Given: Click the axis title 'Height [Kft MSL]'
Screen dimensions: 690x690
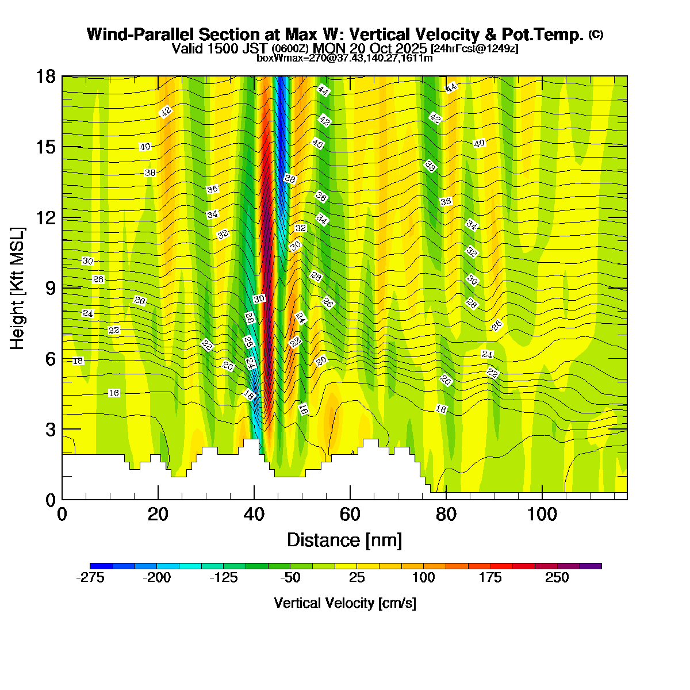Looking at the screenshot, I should [18, 288].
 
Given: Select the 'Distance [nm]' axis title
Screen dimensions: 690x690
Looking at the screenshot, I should [344, 540].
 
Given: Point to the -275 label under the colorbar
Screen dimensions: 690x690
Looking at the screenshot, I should [90, 578].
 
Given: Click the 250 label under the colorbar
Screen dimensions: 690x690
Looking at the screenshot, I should [557, 578].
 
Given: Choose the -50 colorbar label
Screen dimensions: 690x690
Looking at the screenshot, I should [290, 578].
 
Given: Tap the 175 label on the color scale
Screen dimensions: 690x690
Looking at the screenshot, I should [490, 578].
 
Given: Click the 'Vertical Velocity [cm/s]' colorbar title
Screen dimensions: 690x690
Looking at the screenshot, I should [345, 603].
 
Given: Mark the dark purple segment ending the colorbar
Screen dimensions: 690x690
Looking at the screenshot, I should [591, 566].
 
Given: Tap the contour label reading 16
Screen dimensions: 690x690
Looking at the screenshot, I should [114, 393].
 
